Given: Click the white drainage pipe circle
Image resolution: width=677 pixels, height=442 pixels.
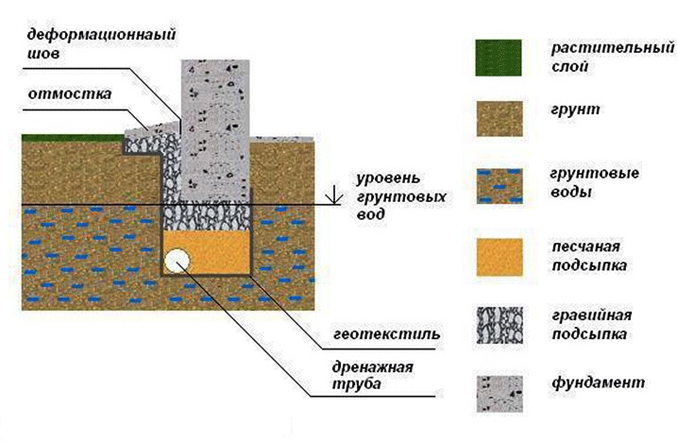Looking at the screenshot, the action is click(178, 261).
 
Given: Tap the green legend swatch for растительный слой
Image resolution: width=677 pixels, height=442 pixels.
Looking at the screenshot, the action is click(499, 58).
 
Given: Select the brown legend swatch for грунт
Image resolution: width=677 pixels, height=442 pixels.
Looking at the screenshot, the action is click(499, 119).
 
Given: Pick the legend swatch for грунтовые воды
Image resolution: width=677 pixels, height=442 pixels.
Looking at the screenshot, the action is click(499, 186).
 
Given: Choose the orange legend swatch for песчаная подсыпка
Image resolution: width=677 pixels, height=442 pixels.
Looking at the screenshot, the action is click(499, 258).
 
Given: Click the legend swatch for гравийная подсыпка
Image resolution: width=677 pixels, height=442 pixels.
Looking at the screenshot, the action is click(499, 325).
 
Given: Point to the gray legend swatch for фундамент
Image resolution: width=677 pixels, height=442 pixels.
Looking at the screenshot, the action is click(499, 394).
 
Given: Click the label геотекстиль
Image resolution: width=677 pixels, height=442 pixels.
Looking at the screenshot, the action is click(386, 334).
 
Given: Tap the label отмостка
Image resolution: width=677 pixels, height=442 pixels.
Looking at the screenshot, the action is click(70, 93).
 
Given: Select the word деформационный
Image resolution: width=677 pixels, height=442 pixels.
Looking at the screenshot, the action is click(101, 35).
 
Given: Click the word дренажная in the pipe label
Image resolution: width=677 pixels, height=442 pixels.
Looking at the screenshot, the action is click(373, 368).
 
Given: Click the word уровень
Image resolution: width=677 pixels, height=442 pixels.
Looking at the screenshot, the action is click(388, 178).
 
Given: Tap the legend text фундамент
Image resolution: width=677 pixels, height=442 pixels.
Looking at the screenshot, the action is click(599, 382).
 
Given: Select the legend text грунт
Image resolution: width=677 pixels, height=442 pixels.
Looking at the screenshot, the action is click(576, 110).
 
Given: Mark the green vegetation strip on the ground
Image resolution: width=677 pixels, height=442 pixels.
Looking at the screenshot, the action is click(73, 138).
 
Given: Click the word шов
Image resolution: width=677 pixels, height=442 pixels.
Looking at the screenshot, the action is click(43, 54).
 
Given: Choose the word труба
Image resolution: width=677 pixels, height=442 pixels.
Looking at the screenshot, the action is click(357, 384).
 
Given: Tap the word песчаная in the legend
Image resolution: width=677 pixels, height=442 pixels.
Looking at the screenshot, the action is click(586, 246).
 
